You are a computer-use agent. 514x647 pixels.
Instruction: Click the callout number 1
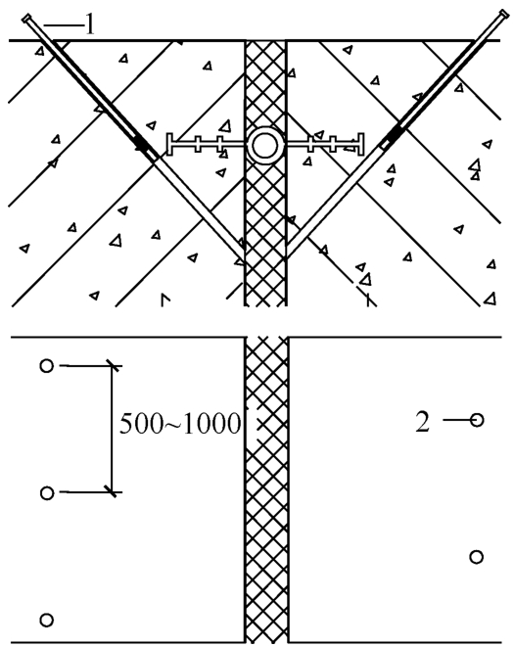[x=90, y=25]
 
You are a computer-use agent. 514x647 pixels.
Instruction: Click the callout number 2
[x=422, y=422]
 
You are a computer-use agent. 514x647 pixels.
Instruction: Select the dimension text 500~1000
[x=180, y=424]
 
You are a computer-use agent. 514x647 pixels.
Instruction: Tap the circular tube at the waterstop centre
[x=265, y=146]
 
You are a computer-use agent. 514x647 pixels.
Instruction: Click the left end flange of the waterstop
[x=169, y=145]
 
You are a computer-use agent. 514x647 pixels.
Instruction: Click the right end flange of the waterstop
[x=361, y=145]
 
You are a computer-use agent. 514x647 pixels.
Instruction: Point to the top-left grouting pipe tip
[x=27, y=19]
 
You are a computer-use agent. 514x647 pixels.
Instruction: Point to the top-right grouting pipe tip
[x=503, y=14]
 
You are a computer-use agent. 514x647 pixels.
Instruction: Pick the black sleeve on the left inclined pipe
[x=142, y=144]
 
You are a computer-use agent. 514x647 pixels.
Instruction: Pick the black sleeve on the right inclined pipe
[x=396, y=134]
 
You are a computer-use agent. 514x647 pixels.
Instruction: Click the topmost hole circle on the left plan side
[x=47, y=365]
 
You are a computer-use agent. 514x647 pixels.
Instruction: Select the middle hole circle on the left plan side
[x=47, y=492]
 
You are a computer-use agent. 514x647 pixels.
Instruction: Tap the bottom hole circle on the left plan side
[x=47, y=620]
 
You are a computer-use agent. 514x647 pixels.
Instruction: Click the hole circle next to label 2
[x=477, y=420]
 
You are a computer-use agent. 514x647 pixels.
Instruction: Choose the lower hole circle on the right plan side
[x=477, y=557]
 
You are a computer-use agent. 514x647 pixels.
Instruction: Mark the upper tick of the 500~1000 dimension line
[x=113, y=365]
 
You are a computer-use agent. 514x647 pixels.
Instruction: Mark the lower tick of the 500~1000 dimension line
[x=113, y=491]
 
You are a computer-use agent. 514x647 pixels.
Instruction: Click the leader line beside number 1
[x=64, y=25]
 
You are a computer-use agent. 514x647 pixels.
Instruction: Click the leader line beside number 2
[x=456, y=420]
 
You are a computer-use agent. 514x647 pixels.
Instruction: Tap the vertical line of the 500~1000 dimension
[x=113, y=429]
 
